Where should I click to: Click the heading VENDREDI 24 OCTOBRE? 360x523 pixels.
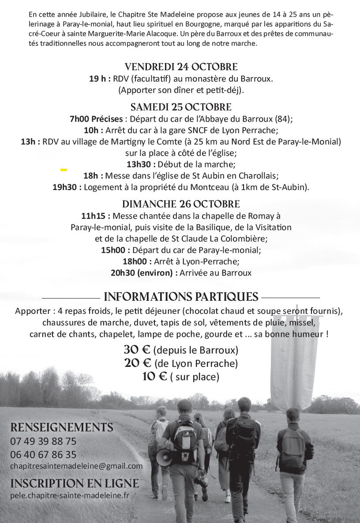(x=181, y=67)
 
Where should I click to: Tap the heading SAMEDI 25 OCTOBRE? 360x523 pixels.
(x=181, y=107)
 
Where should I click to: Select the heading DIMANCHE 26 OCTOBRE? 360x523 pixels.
(x=181, y=204)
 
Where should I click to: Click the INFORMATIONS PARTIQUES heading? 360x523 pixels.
(x=181, y=296)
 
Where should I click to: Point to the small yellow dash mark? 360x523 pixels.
(x=64, y=169)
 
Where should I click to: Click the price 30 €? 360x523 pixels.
(x=137, y=350)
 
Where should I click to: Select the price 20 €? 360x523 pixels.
(x=137, y=363)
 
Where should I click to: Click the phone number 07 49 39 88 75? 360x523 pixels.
(x=43, y=441)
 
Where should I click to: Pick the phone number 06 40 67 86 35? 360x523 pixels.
(x=43, y=455)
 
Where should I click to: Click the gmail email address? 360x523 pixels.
(x=76, y=466)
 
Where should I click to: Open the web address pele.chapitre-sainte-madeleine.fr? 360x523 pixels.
(x=70, y=495)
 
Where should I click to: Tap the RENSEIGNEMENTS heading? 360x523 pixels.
(x=62, y=428)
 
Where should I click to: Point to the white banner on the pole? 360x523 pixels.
(x=293, y=362)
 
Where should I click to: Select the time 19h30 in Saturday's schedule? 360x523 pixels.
(x=67, y=187)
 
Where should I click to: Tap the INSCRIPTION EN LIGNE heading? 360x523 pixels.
(x=74, y=483)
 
